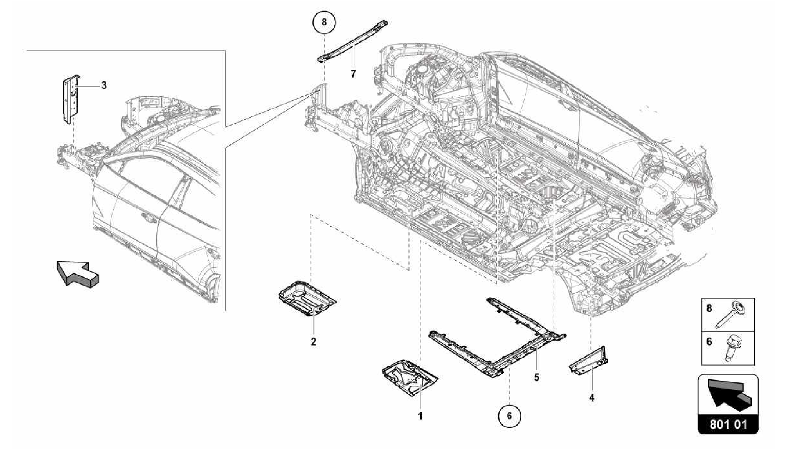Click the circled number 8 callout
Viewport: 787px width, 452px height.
[324, 22]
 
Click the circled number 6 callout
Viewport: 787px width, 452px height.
[510, 416]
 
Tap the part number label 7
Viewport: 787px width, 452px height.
[353, 73]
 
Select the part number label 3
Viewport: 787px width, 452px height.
[104, 85]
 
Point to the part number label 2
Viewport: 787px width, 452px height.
[314, 341]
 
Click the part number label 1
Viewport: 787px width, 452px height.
[420, 416]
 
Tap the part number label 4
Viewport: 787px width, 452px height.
[592, 398]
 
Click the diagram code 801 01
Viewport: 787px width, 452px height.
[728, 425]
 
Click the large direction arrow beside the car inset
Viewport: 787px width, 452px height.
[77, 273]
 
